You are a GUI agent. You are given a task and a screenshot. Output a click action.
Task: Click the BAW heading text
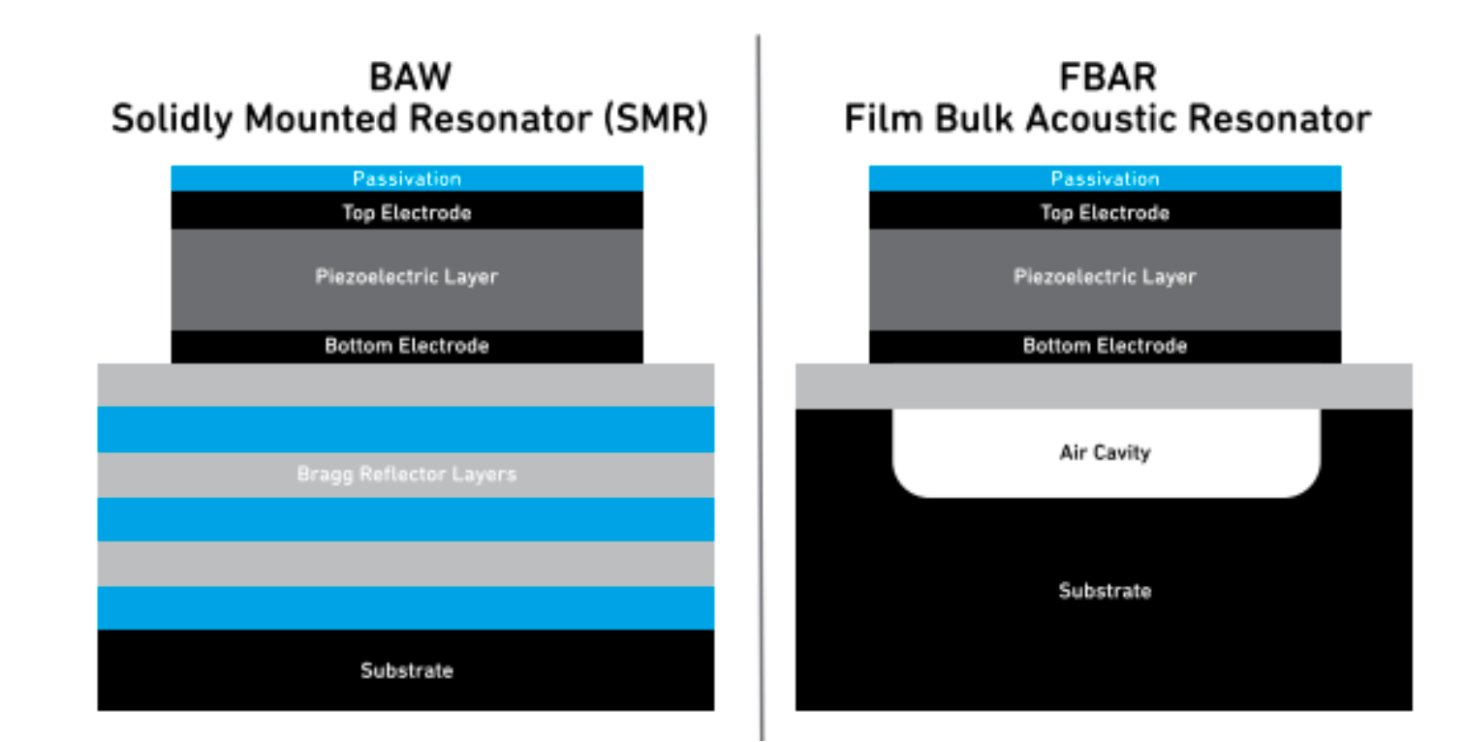pos(408,78)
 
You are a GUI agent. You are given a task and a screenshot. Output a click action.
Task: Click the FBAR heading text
pos(1107,78)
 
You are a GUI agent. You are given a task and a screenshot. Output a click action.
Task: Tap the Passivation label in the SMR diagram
pos(407,179)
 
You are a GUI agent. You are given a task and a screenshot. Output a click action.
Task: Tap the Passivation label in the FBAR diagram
pos(1105,179)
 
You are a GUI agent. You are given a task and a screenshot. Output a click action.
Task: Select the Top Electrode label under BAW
pos(407,213)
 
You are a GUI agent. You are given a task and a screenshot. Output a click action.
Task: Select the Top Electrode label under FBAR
pos(1105,213)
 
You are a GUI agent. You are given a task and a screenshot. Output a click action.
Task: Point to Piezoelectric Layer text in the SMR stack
pos(407,277)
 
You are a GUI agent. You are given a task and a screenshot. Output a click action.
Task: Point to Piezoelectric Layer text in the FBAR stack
pos(1105,277)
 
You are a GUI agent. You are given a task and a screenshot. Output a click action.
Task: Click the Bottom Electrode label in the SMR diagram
pos(407,346)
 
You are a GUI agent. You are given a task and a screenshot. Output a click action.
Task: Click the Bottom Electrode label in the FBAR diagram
pos(1105,346)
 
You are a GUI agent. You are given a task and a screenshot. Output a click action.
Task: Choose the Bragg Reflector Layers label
pos(407,475)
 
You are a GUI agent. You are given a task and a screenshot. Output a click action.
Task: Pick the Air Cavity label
pos(1105,452)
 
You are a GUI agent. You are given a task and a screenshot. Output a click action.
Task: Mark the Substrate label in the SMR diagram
pos(407,670)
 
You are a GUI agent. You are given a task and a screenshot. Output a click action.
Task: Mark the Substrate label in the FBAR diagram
pos(1105,591)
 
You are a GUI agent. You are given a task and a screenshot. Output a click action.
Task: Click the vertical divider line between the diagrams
pos(761,387)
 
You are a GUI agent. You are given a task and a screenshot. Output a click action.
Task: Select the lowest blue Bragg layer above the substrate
pos(406,607)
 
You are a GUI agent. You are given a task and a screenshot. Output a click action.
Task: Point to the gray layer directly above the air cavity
pos(1104,386)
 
